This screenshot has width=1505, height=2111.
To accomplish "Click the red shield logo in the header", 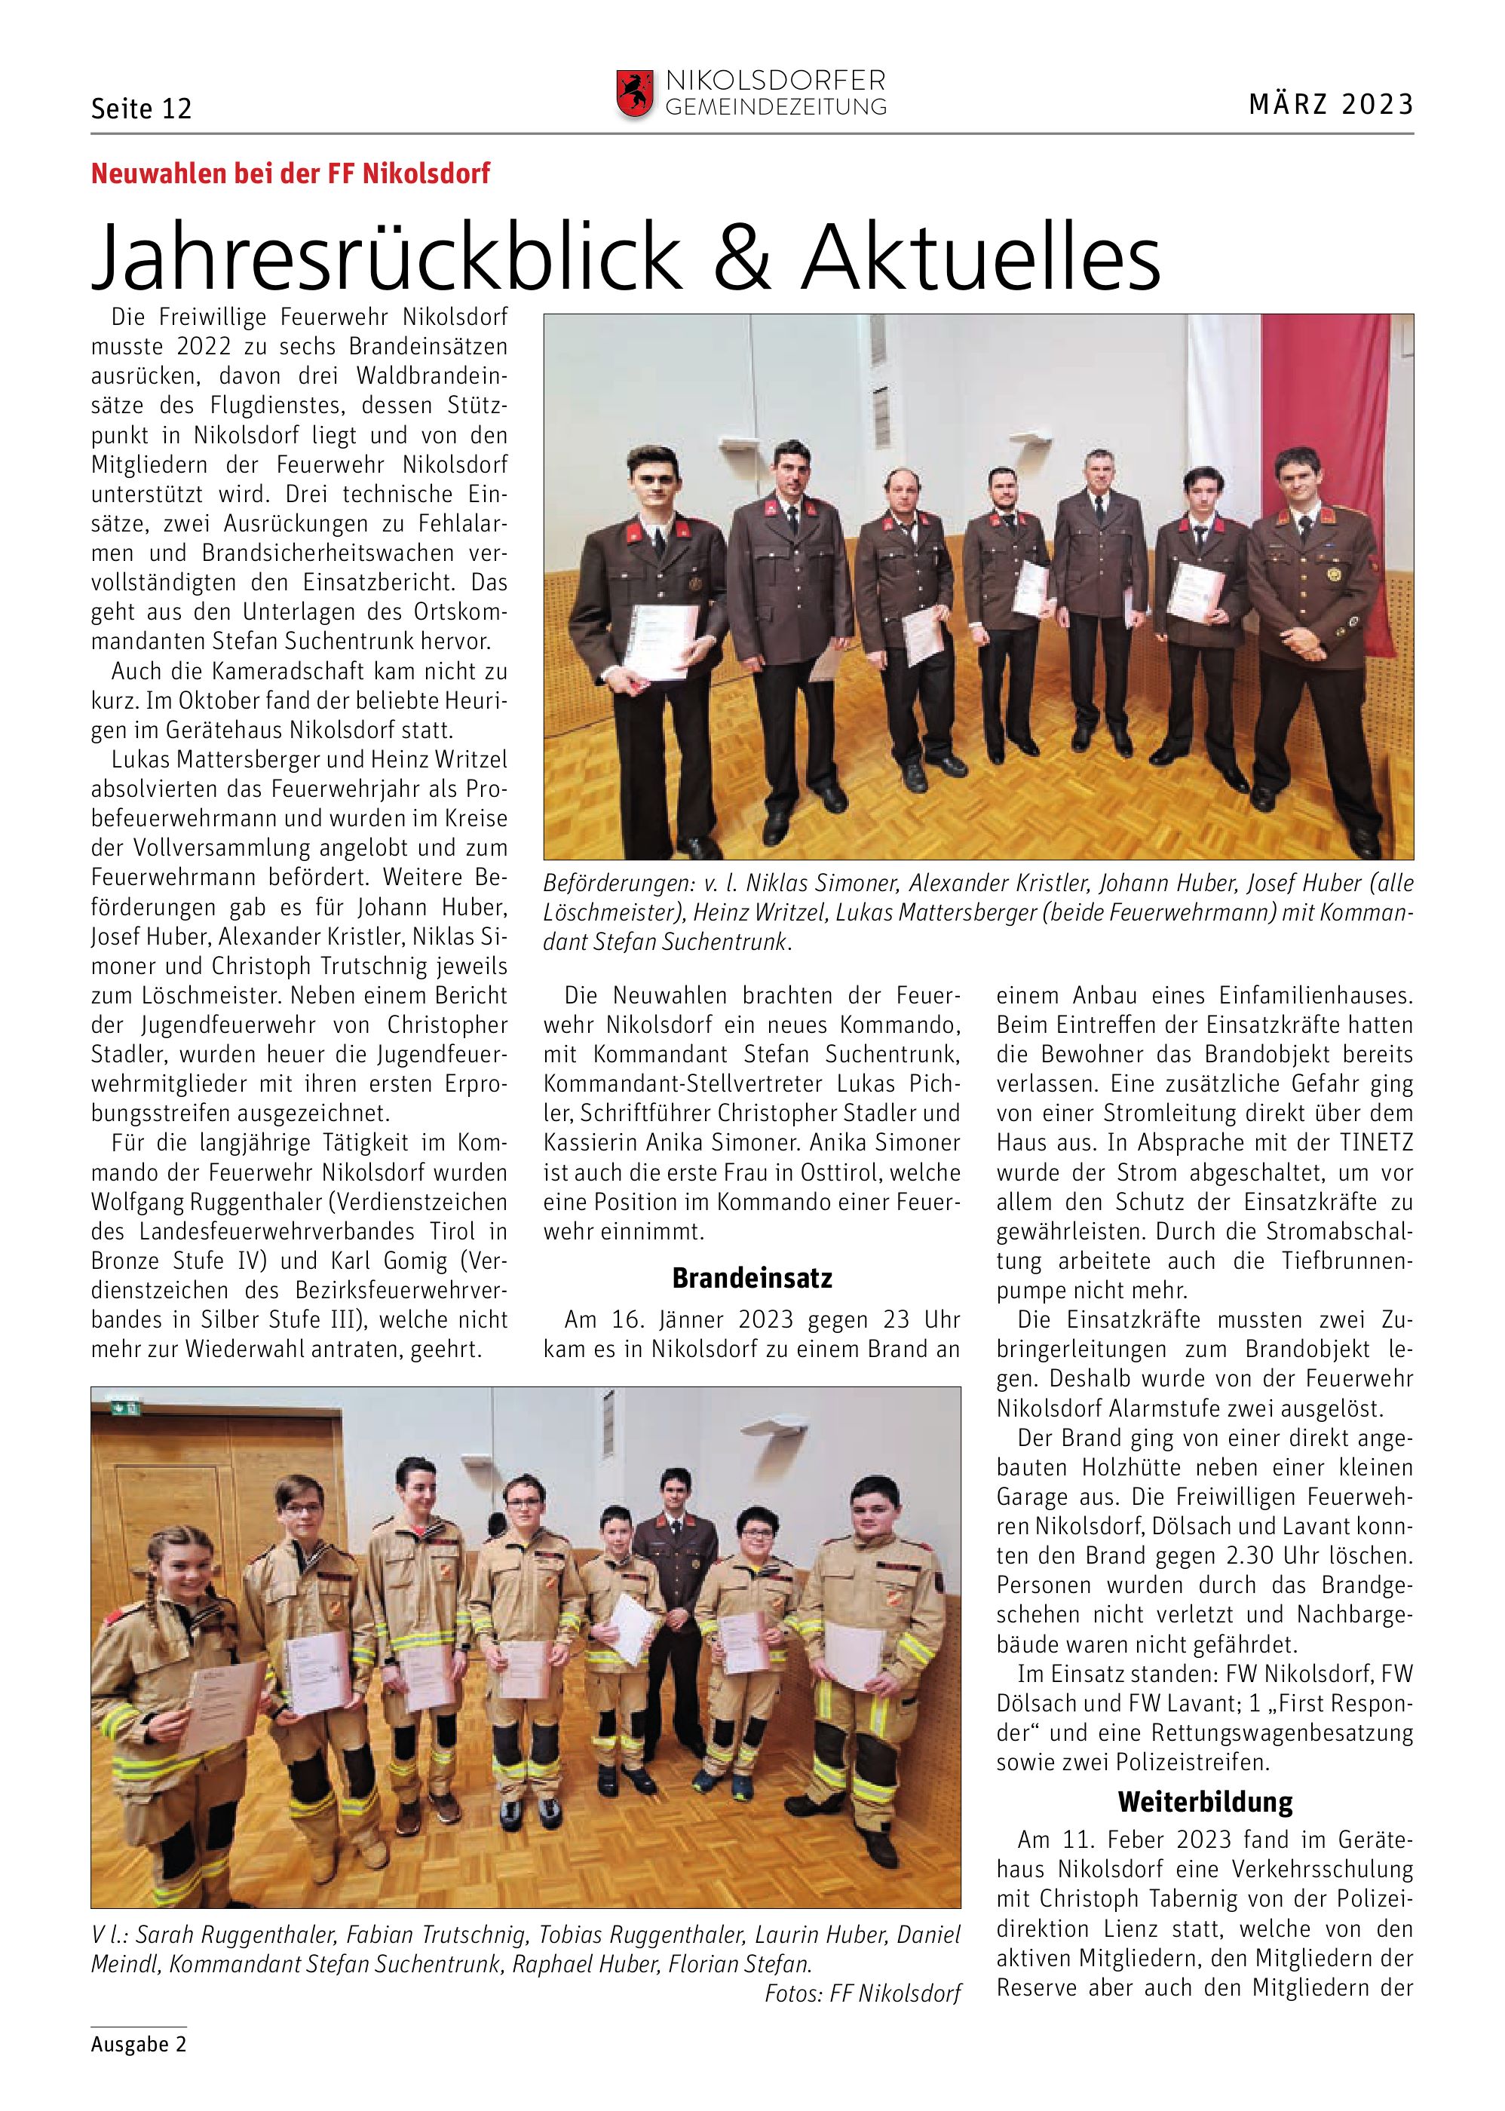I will click(x=636, y=94).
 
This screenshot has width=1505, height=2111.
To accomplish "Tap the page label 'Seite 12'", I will click(x=141, y=109).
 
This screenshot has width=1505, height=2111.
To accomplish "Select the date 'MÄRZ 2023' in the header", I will click(x=1331, y=105).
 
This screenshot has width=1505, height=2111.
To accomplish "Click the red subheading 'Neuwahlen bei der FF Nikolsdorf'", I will click(x=290, y=173).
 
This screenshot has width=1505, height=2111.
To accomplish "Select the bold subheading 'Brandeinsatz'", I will click(x=752, y=1279).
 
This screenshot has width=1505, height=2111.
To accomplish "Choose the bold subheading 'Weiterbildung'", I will click(x=1204, y=1803).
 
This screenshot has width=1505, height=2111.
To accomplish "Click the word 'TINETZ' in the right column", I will click(x=1375, y=1144).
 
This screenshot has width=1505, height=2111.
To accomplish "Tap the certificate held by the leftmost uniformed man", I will click(x=660, y=639).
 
